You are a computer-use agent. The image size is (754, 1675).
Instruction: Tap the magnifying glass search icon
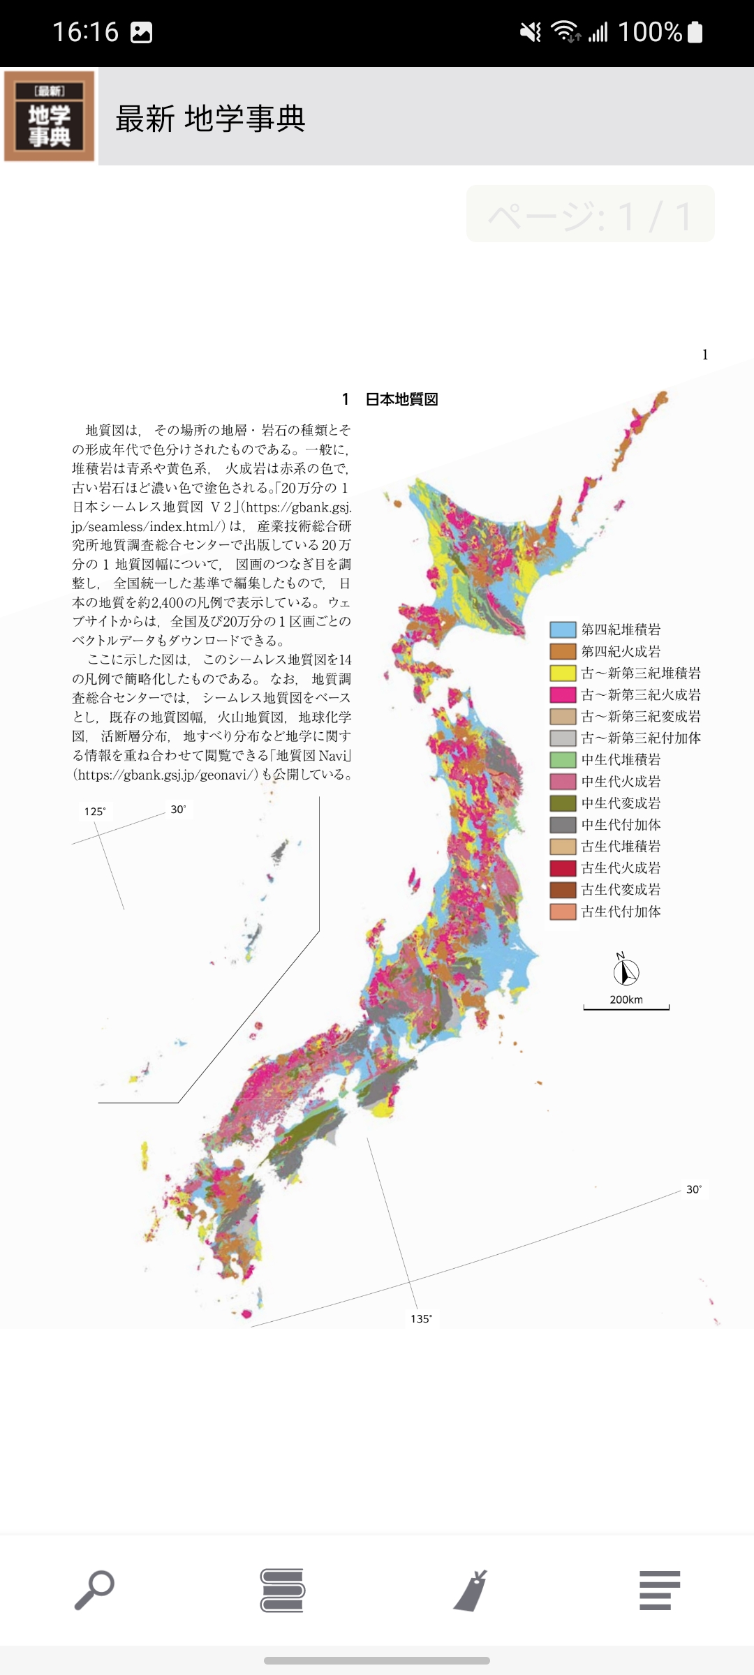94,1590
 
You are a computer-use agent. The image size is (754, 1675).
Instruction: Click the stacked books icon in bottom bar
282,1590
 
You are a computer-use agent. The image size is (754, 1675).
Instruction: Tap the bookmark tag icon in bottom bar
471,1590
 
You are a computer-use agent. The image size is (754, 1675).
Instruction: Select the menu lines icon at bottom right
659,1590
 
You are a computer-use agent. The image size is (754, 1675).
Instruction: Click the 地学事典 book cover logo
50,116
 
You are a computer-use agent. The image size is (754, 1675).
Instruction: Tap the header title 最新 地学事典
210,119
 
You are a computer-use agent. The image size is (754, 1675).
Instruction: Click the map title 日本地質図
401,399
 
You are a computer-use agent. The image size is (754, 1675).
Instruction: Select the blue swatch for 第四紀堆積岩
563,630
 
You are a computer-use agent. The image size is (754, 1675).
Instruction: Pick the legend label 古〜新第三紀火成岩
641,694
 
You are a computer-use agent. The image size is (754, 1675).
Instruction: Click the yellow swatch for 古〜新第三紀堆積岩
563,673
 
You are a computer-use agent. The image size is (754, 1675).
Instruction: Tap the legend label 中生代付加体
621,824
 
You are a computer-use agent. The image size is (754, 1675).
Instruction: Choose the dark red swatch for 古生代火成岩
563,868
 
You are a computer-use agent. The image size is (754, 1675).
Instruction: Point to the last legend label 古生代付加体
621,911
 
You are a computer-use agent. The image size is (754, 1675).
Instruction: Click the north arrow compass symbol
626,969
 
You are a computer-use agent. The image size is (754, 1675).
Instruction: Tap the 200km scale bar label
626,999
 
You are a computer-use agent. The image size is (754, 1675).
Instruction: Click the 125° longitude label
95,811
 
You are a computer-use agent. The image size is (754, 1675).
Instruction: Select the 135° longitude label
421,1318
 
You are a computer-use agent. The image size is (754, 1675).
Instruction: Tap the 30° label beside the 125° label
178,810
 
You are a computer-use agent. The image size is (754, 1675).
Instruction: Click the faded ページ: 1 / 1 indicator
590,214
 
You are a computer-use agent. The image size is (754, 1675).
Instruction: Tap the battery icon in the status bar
695,32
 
